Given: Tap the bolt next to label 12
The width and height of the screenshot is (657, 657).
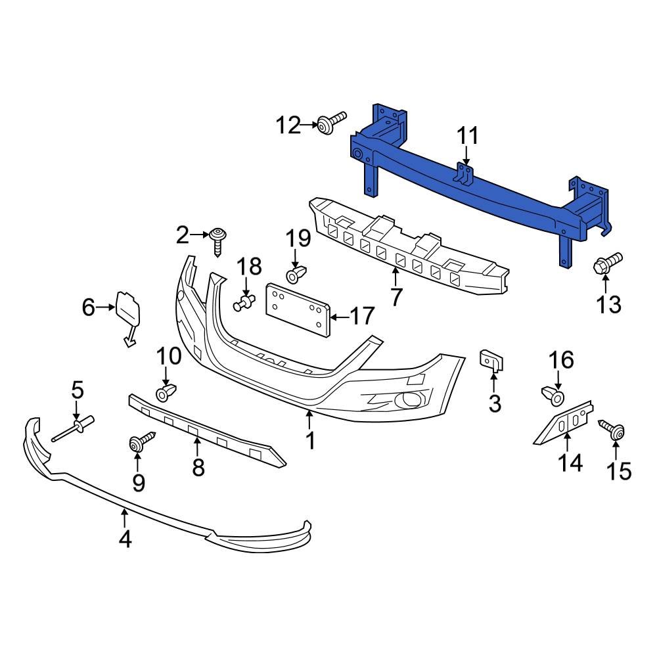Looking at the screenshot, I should [x=330, y=123].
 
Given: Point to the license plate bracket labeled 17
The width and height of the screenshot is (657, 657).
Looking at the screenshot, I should [x=297, y=310].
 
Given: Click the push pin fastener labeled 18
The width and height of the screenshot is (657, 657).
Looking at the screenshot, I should [x=244, y=304].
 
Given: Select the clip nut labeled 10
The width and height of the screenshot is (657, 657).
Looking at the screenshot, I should [x=164, y=394].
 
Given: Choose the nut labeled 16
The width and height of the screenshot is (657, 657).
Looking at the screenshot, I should [x=554, y=396].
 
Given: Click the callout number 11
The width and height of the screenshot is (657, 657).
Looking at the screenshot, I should [x=467, y=137].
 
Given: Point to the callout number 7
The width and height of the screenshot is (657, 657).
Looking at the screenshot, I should [x=396, y=297].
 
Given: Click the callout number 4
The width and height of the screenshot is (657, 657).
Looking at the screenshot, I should [x=125, y=539].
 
